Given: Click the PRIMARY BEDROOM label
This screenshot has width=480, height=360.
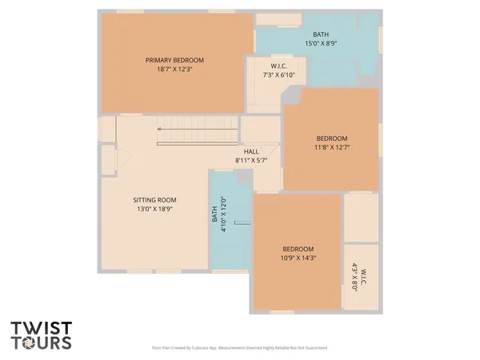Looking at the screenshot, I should pyautogui.click(x=174, y=60).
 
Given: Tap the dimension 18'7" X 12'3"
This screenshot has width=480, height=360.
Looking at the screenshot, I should pyautogui.click(x=174, y=70).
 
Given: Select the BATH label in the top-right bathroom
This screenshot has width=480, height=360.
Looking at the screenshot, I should pyautogui.click(x=321, y=34).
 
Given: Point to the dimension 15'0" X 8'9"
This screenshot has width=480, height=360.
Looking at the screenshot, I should pyautogui.click(x=321, y=43).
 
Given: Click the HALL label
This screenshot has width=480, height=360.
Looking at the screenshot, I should pyautogui.click(x=251, y=151).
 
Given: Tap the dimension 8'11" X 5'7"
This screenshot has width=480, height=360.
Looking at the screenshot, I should pyautogui.click(x=251, y=160).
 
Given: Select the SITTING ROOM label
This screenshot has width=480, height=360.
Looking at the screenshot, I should pyautogui.click(x=154, y=200).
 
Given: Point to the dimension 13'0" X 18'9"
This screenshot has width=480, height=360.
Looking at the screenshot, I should pyautogui.click(x=154, y=209).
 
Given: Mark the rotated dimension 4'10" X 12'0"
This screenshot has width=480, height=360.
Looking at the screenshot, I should pyautogui.click(x=224, y=214).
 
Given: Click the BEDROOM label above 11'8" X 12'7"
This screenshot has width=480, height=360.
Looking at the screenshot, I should pyautogui.click(x=331, y=138).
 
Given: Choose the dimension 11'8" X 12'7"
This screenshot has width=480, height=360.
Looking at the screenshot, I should pyautogui.click(x=331, y=147).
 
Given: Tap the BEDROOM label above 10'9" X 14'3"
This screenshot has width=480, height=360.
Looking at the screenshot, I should pyautogui.click(x=298, y=249).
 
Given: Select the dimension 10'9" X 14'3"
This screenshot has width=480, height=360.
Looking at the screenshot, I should pyautogui.click(x=298, y=258).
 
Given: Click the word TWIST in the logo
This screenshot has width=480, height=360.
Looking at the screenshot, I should pyautogui.click(x=41, y=329).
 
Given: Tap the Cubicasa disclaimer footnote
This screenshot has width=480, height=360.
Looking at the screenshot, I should pyautogui.click(x=239, y=348).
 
